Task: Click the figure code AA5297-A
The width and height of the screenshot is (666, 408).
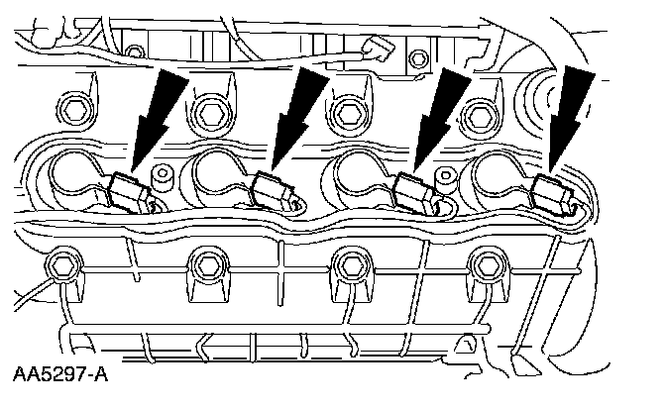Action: pyautogui.click(x=60, y=377)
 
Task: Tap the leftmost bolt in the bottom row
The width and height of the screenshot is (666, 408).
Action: pyautogui.click(x=62, y=265)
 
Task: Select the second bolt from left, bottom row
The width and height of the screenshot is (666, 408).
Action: pyautogui.click(x=206, y=264)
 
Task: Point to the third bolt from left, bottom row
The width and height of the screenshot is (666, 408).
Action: pyautogui.click(x=346, y=264)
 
